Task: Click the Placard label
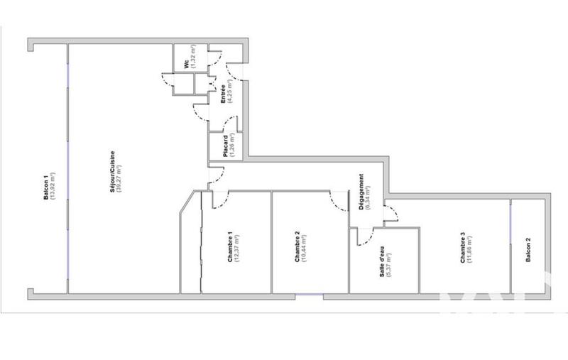pyautogui.click(x=223, y=145)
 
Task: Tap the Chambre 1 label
pyautogui.click(x=229, y=248)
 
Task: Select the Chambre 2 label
pyautogui.click(x=297, y=249)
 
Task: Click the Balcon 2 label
pyautogui.click(x=528, y=250)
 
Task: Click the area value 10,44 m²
pyautogui.click(x=305, y=249)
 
